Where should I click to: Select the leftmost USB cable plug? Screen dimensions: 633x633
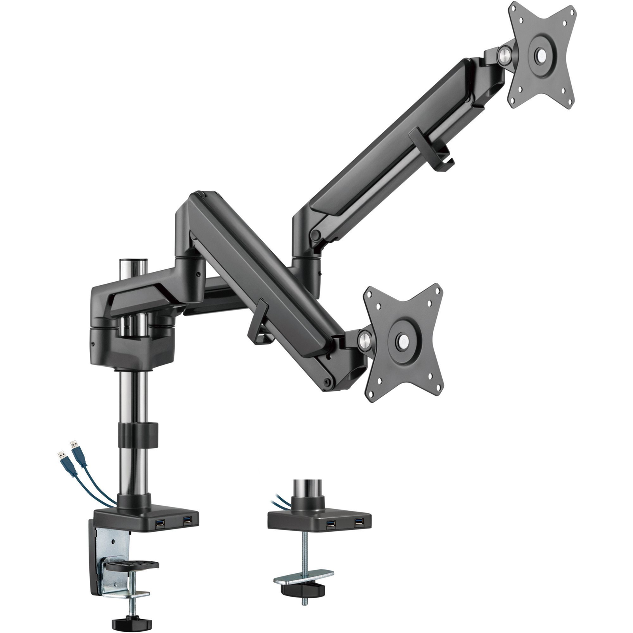coord(61,454)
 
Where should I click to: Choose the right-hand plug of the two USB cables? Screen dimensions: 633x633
coord(74,445)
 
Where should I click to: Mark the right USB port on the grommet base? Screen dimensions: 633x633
coord(358,522)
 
